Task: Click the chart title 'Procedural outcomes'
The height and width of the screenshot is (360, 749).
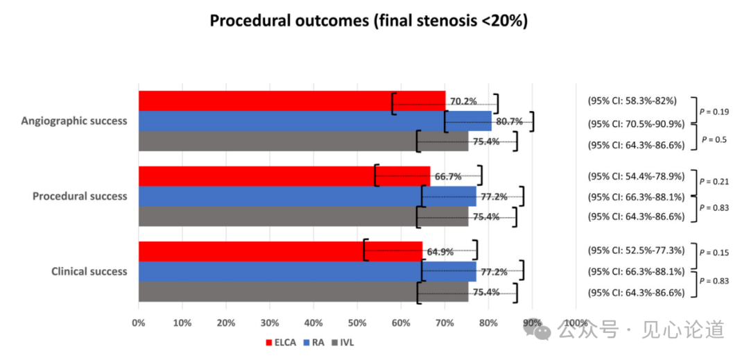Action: [x=369, y=21]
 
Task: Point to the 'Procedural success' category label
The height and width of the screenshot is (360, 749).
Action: [x=80, y=196]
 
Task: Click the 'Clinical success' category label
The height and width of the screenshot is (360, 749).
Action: [x=89, y=272]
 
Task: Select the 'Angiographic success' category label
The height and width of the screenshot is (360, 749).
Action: [x=74, y=121]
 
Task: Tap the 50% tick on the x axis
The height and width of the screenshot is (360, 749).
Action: [x=357, y=323]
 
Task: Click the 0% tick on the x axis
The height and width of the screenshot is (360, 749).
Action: [x=139, y=323]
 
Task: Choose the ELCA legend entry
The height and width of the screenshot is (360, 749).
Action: [x=280, y=342]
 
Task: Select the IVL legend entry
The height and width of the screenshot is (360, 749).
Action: [x=343, y=342]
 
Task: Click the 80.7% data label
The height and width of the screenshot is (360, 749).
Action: [x=509, y=121]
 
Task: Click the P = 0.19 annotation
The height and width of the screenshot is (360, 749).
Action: [x=715, y=112]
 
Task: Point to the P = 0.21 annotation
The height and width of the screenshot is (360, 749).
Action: [x=715, y=182]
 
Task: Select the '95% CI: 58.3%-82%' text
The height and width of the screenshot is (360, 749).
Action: [x=632, y=101]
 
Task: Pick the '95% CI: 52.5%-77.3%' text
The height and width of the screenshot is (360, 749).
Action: [x=636, y=250]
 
